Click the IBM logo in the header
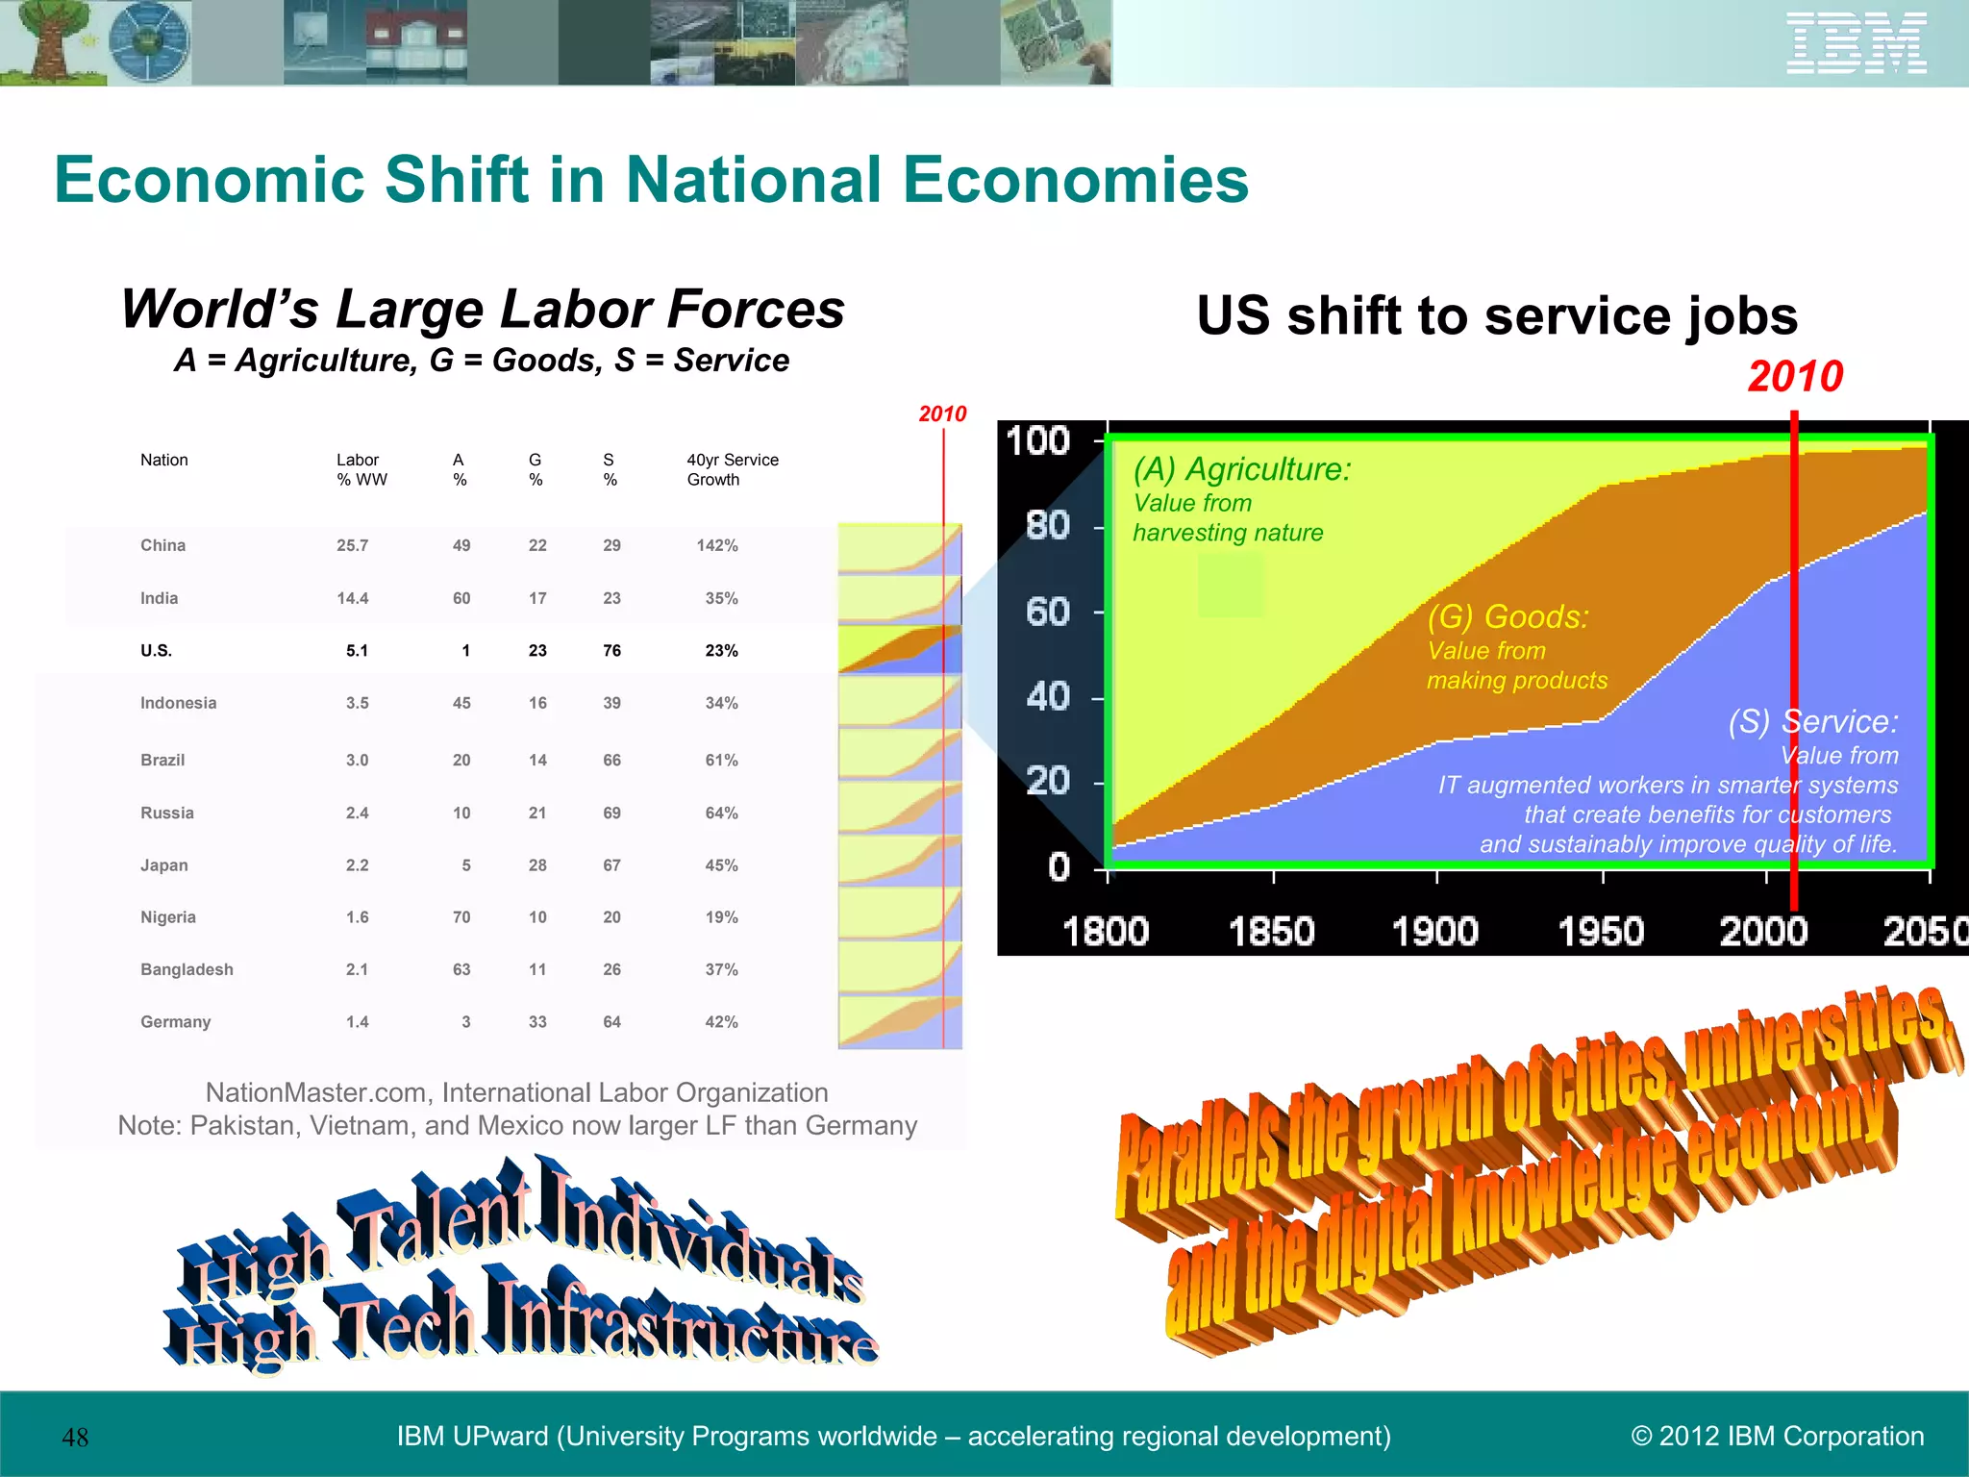(x=1856, y=43)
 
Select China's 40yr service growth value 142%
(x=717, y=546)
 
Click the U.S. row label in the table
(x=156, y=651)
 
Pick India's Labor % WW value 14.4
(x=352, y=598)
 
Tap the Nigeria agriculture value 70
(x=461, y=917)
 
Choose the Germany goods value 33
(x=537, y=1022)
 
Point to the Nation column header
(x=163, y=460)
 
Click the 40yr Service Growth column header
(x=732, y=469)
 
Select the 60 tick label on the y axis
(x=1047, y=612)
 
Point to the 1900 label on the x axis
(x=1434, y=932)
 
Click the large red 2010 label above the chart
(x=1795, y=376)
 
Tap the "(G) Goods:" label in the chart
(x=1508, y=616)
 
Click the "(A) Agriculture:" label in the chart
(x=1241, y=469)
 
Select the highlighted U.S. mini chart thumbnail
(x=899, y=649)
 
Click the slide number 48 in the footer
(x=75, y=1438)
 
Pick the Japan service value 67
(x=611, y=865)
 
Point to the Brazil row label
(x=162, y=760)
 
